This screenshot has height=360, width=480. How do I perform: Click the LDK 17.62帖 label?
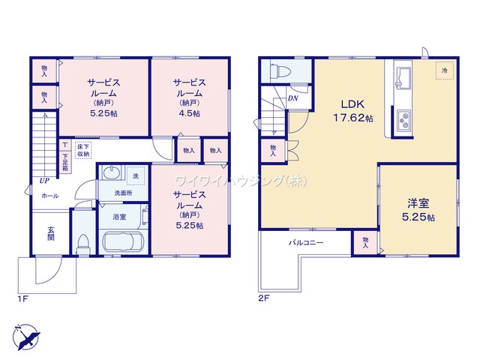pos(353,111)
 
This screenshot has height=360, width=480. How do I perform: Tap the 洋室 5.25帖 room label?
pos(418,210)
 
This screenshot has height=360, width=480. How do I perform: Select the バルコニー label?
pos(306,243)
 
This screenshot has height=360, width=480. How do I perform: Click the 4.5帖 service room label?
pos(190,97)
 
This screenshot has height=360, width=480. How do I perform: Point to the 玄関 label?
pos(51,233)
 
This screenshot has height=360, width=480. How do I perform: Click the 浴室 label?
pos(119,217)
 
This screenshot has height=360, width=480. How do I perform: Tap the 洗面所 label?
pos(123,193)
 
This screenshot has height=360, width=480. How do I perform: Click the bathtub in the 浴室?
pos(123,241)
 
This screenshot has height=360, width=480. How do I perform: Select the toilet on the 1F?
pos(83,243)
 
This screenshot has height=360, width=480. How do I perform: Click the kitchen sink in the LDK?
pos(403,78)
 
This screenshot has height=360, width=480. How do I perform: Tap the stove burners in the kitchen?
pos(405,121)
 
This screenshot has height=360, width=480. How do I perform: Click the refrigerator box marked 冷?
pos(445,70)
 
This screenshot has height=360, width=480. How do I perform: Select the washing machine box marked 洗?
pos(136,176)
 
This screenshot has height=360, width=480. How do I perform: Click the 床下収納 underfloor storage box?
pos(83,151)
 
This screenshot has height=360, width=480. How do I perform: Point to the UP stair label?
pos(44,181)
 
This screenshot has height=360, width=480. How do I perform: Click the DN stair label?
pos(293,98)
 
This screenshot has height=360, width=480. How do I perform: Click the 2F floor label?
pos(263,298)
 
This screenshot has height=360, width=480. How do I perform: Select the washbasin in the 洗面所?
pos(111,173)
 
